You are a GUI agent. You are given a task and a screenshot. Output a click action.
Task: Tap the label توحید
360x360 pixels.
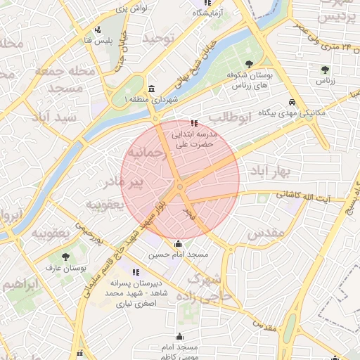157,39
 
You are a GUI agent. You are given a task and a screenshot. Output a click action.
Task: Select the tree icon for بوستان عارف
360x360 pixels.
66,257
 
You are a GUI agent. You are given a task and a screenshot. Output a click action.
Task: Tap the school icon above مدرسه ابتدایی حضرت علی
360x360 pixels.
194,124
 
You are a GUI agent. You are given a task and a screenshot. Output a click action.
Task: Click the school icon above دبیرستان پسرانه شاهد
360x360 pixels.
136,272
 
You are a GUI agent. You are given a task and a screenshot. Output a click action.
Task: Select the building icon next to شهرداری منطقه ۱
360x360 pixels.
153,89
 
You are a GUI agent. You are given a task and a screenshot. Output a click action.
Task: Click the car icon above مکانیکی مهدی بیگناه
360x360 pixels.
292,103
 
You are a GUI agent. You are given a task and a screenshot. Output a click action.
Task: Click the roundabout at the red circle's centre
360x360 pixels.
180,186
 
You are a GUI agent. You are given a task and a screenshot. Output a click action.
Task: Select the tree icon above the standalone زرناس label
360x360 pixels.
324,69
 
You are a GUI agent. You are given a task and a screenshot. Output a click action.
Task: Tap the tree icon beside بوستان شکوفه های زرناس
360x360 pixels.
232,74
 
